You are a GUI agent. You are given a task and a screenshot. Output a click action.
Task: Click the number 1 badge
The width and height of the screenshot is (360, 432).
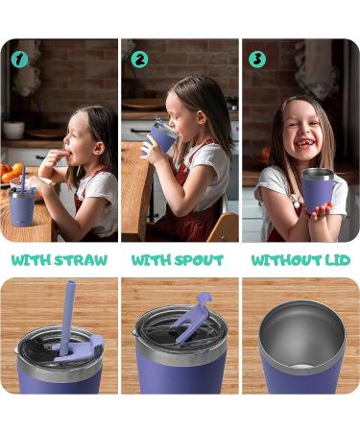19,60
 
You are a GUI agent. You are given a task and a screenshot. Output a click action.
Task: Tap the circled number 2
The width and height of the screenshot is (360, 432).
140,60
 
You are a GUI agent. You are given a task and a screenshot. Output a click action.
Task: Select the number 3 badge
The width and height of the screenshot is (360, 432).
257,60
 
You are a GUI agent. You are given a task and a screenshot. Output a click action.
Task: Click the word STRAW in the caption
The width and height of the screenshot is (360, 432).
84,260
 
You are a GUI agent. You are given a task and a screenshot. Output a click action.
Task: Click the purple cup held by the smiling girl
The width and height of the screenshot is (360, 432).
316,193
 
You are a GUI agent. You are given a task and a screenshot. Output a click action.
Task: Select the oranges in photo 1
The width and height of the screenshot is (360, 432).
11,174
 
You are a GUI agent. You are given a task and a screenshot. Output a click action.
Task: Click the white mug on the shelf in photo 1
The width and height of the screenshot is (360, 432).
13,130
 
